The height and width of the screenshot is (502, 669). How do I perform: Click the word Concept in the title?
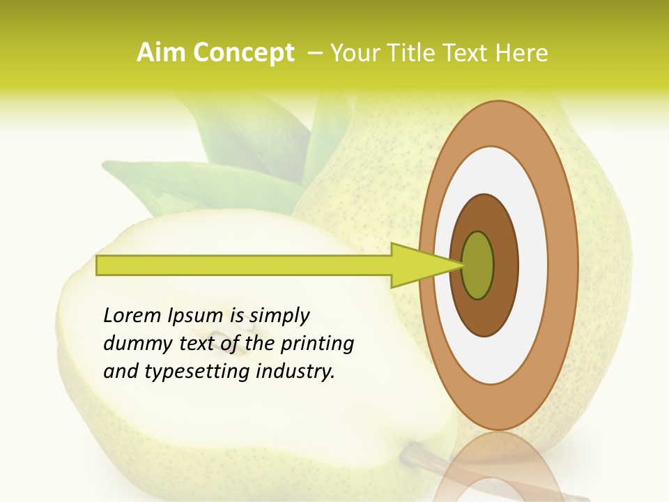[x=244, y=54]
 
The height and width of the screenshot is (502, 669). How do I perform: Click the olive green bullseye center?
[x=477, y=265]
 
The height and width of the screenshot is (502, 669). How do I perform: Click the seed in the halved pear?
[x=240, y=321]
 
